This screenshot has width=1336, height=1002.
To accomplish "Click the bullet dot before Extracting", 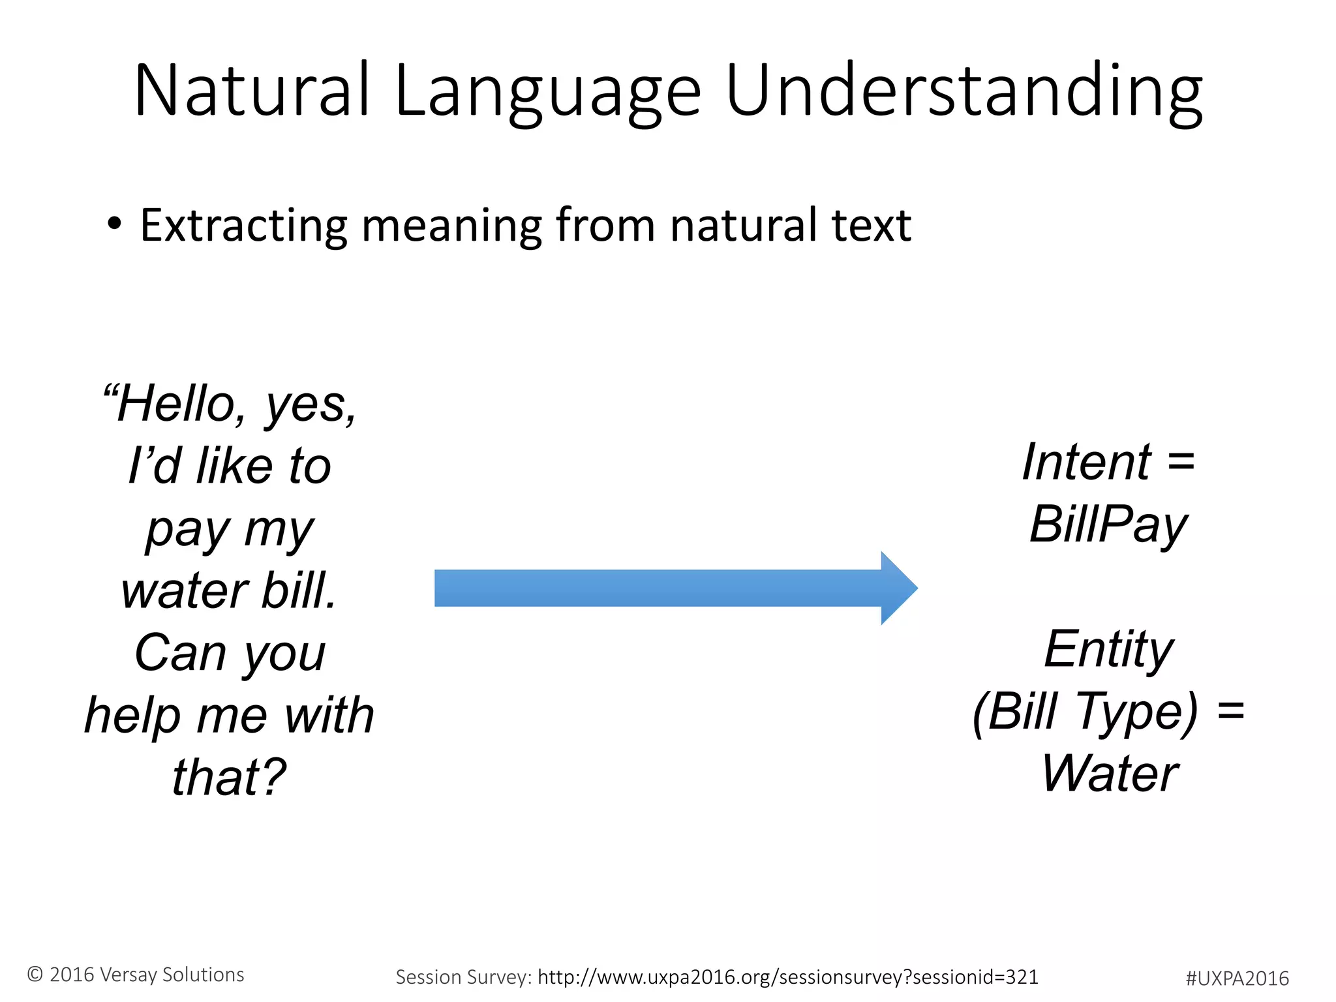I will pos(114,224).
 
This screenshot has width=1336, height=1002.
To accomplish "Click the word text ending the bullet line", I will pos(871,225).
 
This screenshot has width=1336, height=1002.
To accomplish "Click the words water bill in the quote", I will pos(229,590).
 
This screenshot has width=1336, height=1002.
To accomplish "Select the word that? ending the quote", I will pos(229,777).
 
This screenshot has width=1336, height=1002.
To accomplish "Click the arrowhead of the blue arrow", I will pos(898,588).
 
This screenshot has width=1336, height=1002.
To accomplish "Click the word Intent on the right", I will pos(1086,462).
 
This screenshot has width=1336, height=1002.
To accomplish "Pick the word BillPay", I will pos(1108,524).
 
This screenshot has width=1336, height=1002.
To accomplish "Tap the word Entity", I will pos(1108,649).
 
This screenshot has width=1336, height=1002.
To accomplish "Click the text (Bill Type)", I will pos(1085,711).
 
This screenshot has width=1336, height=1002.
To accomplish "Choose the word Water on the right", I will pos(1110,774).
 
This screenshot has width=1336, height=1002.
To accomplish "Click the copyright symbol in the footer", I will pos(35,975).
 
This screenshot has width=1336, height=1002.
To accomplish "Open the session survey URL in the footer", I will pos(787,977).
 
